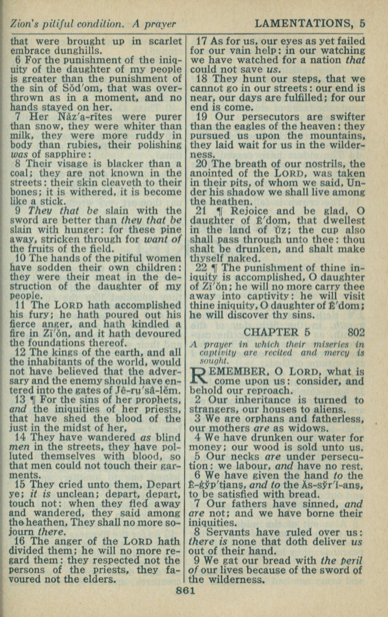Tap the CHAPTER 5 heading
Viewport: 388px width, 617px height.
pyautogui.click(x=277, y=332)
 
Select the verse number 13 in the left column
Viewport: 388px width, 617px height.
pyautogui.click(x=21, y=400)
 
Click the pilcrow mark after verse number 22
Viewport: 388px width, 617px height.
pyautogui.click(x=214, y=268)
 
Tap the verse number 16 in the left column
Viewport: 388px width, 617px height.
pyautogui.click(x=21, y=541)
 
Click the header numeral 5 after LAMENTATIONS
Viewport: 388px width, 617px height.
pyautogui.click(x=362, y=24)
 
